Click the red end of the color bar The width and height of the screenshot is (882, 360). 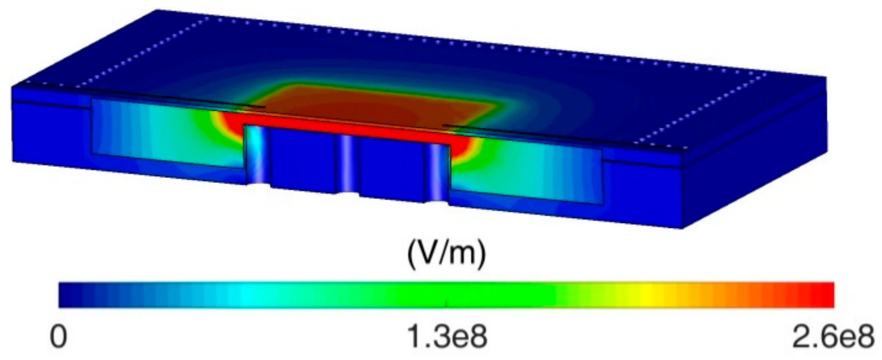818,295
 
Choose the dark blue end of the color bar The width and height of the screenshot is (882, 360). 72,295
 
